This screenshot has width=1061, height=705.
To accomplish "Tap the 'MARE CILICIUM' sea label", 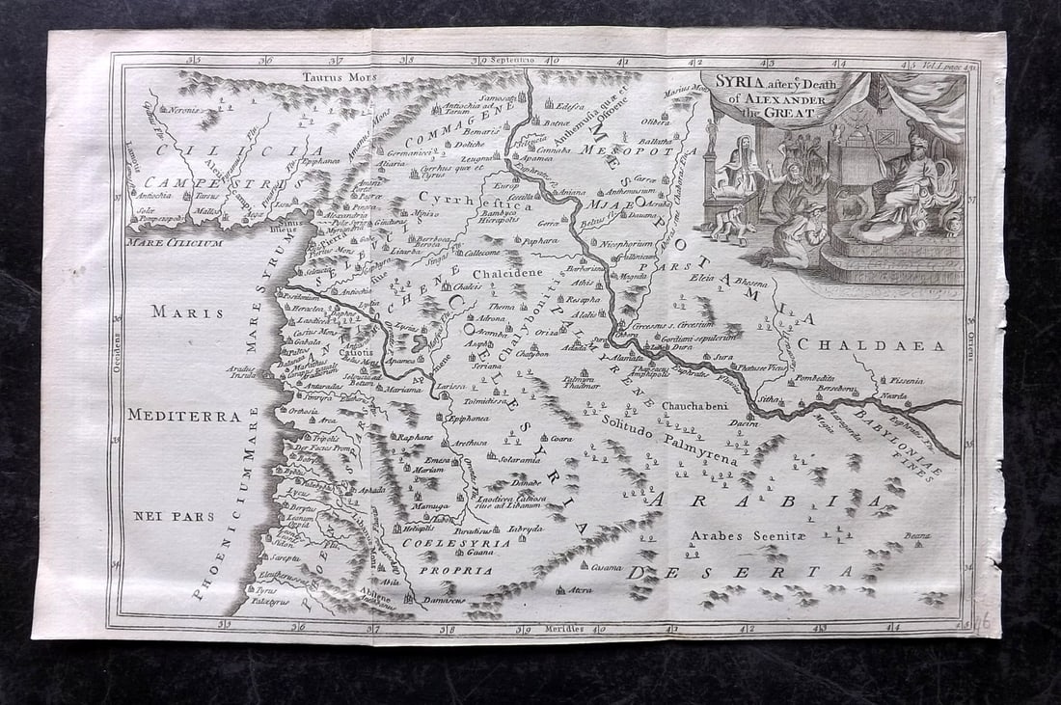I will tap(175, 243).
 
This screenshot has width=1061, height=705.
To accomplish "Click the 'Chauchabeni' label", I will tap(694, 406).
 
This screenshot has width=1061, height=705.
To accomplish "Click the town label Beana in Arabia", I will tap(916, 535).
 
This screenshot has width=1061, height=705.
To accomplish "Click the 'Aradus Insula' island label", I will tap(240, 372).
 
